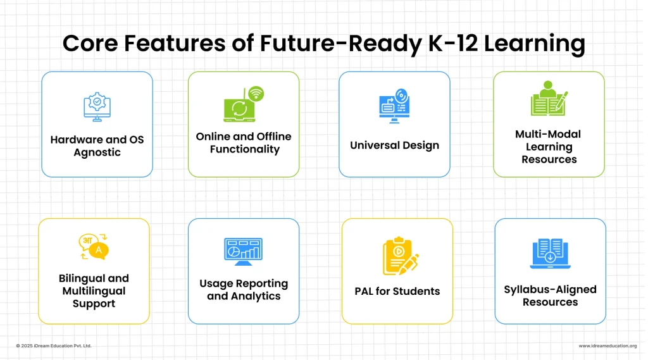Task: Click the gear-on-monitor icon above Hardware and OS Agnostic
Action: point(97,107)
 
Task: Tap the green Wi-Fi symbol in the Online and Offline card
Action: point(256,94)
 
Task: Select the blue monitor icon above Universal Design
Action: point(394,106)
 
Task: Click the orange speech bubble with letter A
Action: point(99,251)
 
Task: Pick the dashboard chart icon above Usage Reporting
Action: point(244,252)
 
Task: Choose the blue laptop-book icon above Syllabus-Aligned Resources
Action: point(550,253)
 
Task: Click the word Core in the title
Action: point(90,43)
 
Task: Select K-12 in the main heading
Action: point(453,43)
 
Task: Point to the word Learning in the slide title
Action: point(534,44)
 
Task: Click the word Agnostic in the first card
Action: point(97,152)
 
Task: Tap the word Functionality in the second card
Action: point(245,149)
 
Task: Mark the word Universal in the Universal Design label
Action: point(375,145)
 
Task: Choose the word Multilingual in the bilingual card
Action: point(94,292)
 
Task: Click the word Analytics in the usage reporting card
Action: point(256,296)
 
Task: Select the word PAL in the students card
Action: point(364,292)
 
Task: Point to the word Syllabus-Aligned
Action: point(550,290)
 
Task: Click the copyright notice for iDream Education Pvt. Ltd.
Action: point(54,345)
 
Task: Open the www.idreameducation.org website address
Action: point(607,346)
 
